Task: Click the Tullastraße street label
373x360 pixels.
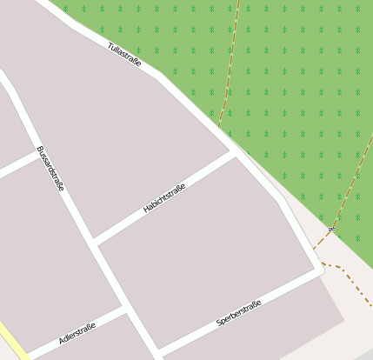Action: [x=124, y=54]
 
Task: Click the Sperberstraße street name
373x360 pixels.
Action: [x=238, y=311]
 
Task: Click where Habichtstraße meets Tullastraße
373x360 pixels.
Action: [x=233, y=153]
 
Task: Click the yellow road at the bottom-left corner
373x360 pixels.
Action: [x=10, y=341]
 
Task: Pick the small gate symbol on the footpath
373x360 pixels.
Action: [x=331, y=230]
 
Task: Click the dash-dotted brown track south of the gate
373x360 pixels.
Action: [x=348, y=275]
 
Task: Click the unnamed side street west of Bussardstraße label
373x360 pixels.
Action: [x=16, y=164]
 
